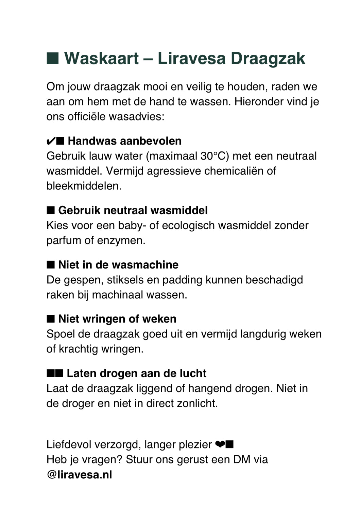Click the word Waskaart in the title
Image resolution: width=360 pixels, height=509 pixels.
click(x=101, y=59)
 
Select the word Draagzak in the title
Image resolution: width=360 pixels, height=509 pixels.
click(x=268, y=59)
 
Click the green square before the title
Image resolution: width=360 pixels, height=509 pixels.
click(x=53, y=58)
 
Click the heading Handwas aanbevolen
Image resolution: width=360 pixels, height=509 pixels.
click(x=124, y=141)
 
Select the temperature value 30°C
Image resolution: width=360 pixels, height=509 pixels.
click(x=215, y=156)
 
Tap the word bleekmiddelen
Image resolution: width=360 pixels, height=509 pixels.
click(x=84, y=186)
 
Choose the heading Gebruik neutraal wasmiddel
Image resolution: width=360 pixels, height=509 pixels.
click(x=133, y=210)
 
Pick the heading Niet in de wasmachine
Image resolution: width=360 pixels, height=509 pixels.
click(x=118, y=265)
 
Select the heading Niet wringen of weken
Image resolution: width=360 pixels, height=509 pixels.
click(x=117, y=319)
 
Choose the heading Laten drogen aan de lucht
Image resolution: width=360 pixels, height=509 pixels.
click(x=136, y=373)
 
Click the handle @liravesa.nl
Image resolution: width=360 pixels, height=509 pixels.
click(x=79, y=475)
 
